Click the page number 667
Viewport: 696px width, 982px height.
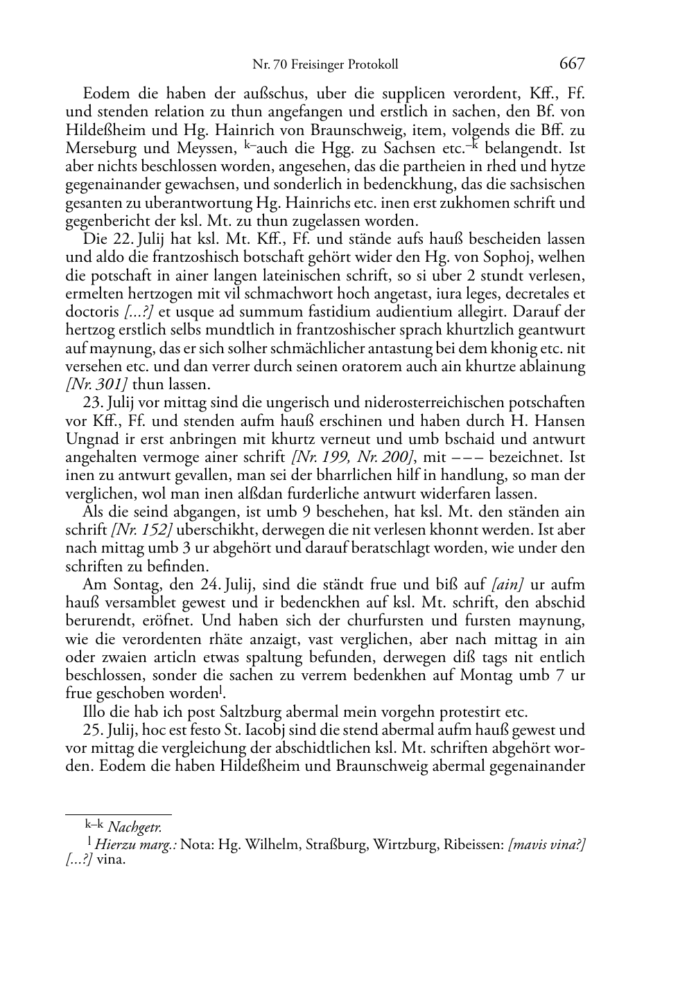click(571, 64)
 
